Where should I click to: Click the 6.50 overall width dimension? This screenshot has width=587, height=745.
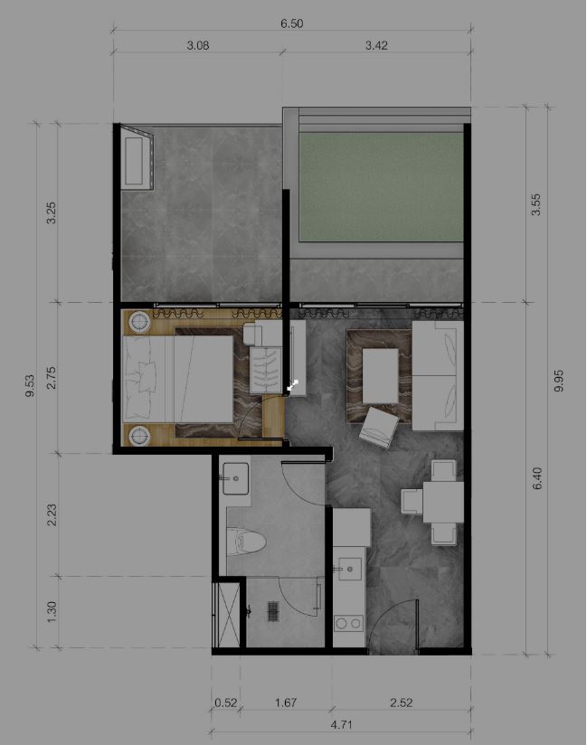pos(291,24)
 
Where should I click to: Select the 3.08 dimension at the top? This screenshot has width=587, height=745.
pos(197,46)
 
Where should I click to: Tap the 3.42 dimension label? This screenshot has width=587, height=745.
pos(375,46)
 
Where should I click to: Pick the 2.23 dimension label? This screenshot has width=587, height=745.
pos(52,514)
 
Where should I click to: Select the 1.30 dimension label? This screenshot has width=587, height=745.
pos(52,610)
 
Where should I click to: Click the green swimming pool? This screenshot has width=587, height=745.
pos(381,187)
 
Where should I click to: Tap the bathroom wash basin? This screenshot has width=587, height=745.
pos(236,479)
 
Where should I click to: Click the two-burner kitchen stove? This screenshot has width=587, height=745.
pos(348,623)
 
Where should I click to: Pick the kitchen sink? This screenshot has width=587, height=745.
pos(348,570)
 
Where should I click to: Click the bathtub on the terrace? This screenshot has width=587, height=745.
pos(138,157)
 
